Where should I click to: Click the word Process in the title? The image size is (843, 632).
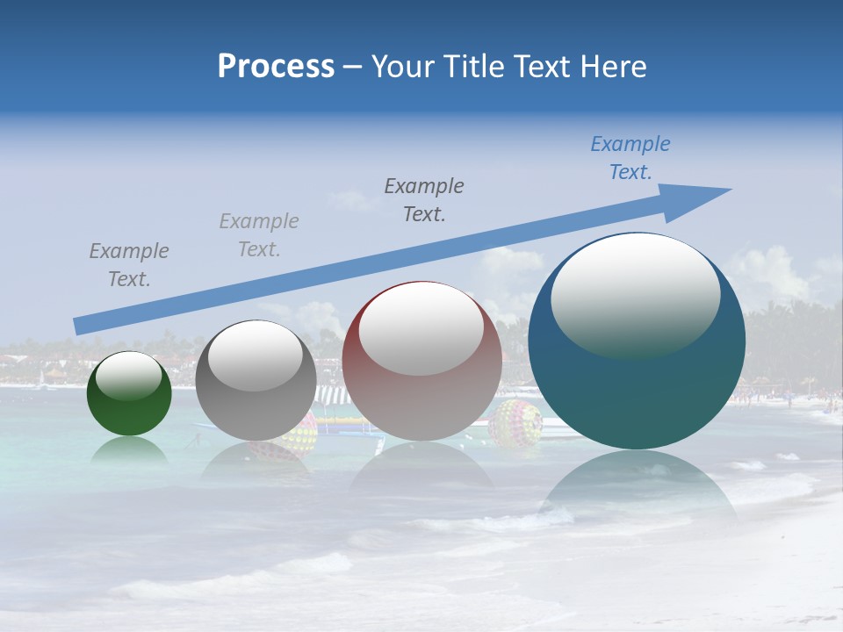[x=276, y=67]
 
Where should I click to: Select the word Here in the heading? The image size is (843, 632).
[x=614, y=67]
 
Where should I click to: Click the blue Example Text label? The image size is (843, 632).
[x=630, y=158]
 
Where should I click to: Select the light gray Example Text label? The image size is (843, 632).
[x=258, y=235]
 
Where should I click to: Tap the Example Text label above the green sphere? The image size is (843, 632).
[x=129, y=265]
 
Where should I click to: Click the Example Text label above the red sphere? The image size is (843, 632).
[x=424, y=199]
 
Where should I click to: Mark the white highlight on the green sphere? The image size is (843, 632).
[x=129, y=376]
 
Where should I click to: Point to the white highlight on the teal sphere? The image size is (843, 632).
[x=635, y=297]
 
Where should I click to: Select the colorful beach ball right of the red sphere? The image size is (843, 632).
[x=515, y=423]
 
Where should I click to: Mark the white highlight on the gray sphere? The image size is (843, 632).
[x=256, y=355]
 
